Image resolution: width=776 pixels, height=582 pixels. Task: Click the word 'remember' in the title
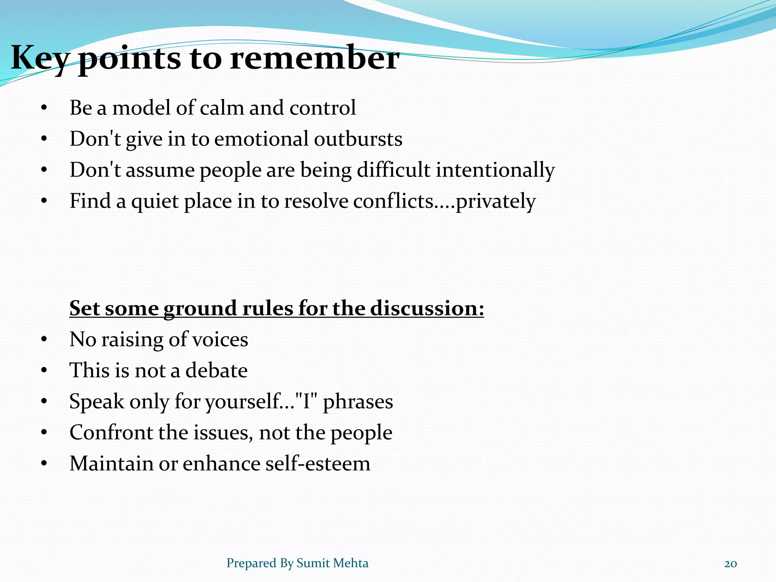[x=314, y=59]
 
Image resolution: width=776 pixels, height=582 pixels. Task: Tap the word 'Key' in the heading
[x=40, y=59]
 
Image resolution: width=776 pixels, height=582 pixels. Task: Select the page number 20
[x=730, y=564]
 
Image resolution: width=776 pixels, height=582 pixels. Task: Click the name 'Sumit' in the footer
[x=312, y=563]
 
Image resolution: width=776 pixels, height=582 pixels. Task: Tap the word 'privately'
[x=495, y=201]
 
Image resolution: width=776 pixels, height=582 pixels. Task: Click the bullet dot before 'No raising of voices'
[x=44, y=340]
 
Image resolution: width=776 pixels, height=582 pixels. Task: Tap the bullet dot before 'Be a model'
[x=44, y=108]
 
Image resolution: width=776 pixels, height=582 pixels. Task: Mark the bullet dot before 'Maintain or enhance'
[x=44, y=464]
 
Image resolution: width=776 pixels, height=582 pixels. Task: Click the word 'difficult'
[x=393, y=170]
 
